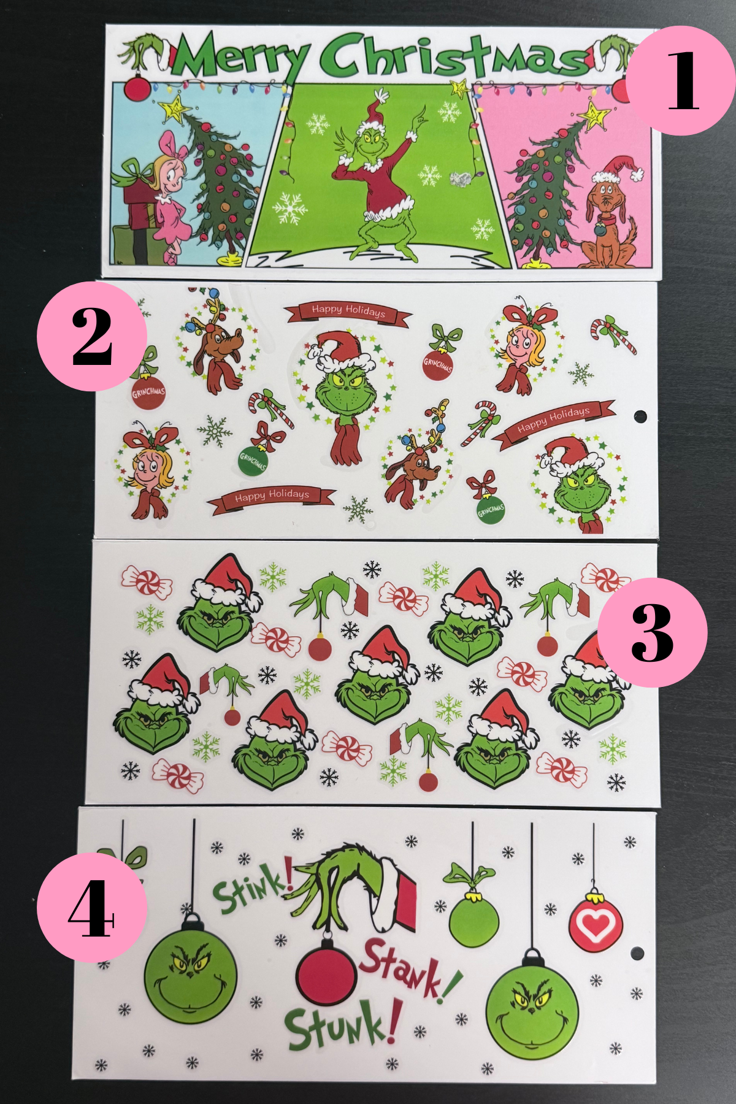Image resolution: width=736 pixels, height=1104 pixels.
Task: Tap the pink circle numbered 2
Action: pos(92,337)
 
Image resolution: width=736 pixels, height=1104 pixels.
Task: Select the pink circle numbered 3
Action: pos(652,632)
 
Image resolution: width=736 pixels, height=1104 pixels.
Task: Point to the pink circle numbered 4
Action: pos(92,907)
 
